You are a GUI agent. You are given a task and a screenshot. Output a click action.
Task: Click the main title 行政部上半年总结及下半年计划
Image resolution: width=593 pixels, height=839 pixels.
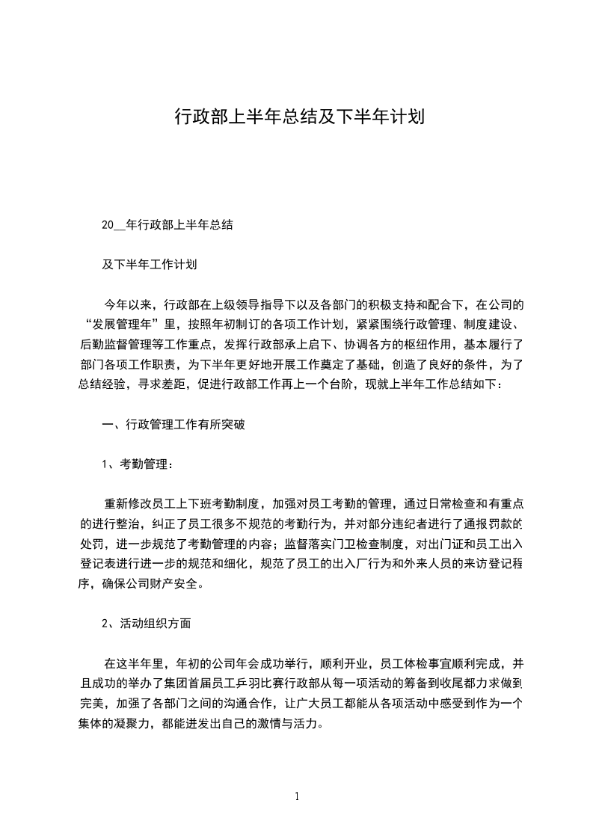pyautogui.click(x=299, y=117)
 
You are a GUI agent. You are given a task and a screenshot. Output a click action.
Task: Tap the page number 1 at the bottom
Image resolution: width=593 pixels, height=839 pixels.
pyautogui.click(x=297, y=796)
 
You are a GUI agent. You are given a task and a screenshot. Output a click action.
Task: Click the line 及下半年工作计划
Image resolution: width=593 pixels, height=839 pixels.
pyautogui.click(x=149, y=264)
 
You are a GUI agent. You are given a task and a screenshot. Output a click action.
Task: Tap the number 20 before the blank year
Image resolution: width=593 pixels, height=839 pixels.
pyautogui.click(x=108, y=224)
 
